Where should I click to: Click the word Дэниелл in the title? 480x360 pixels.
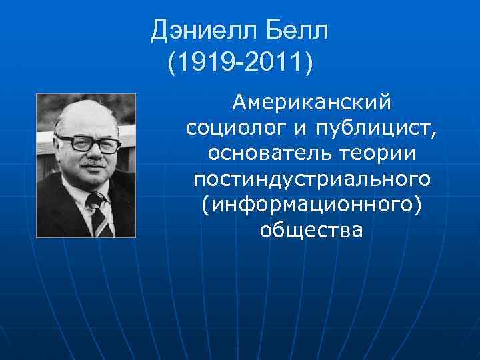tap(201, 29)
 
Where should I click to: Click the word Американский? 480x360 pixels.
tap(311, 103)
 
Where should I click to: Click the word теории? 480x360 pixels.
tap(380, 153)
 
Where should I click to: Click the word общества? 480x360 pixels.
tap(311, 229)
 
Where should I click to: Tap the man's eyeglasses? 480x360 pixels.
tap(88, 143)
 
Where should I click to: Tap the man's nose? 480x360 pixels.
tap(92, 153)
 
